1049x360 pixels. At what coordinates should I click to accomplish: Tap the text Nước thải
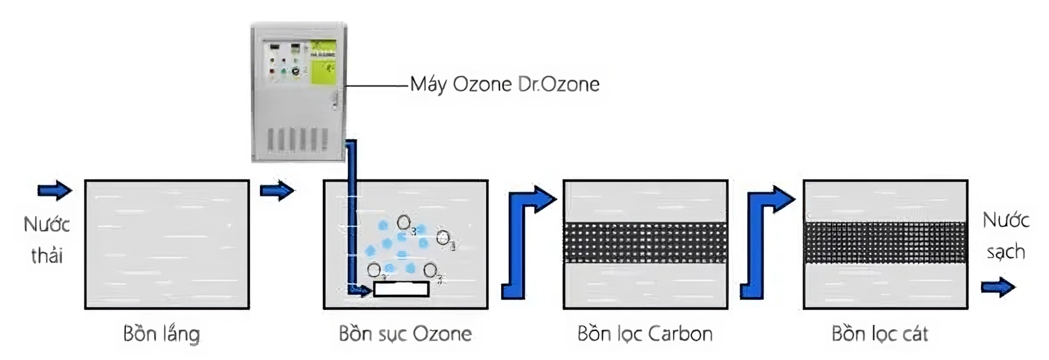click(x=47, y=240)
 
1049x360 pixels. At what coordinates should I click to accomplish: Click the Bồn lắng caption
click(x=162, y=334)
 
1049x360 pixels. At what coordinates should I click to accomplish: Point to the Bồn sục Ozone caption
click(x=405, y=334)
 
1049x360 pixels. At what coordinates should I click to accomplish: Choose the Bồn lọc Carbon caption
click(x=645, y=334)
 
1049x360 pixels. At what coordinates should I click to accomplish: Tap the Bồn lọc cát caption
click(x=880, y=334)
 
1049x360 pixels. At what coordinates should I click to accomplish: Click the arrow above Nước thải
click(x=54, y=190)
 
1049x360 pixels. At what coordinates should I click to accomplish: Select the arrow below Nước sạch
click(x=998, y=287)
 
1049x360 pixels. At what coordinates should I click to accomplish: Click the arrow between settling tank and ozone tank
click(x=277, y=190)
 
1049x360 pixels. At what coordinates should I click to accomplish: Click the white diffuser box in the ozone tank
click(x=401, y=289)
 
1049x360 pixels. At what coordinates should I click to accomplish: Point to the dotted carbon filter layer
click(x=645, y=243)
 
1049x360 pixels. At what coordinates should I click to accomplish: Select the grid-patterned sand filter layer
click(x=885, y=243)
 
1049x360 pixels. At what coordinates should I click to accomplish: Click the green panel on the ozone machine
click(x=323, y=62)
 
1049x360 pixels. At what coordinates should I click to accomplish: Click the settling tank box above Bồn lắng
click(x=167, y=245)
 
